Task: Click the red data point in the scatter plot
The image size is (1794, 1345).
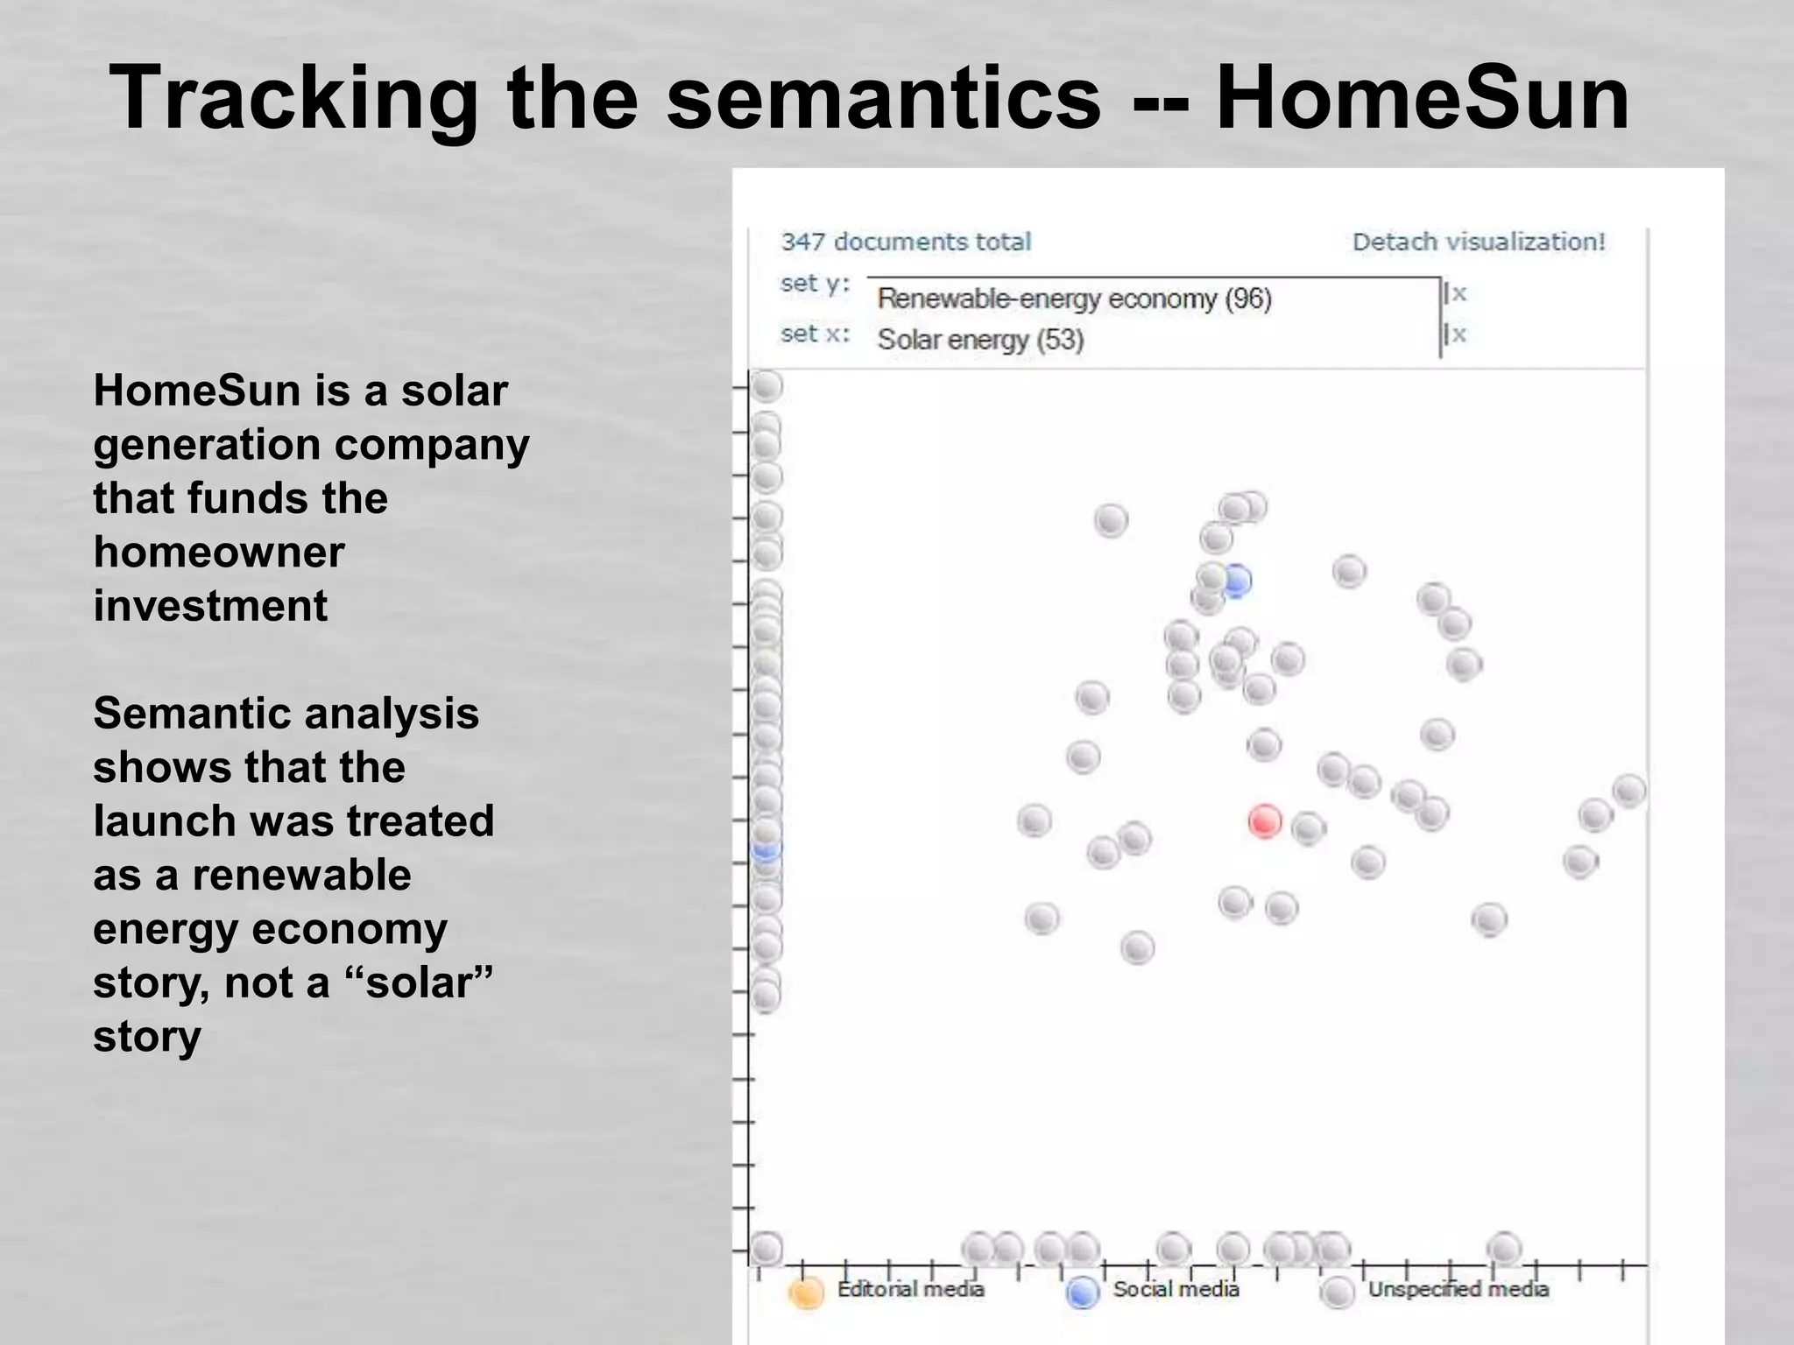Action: pos(1264,821)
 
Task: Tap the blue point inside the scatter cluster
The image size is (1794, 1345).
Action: pos(1236,581)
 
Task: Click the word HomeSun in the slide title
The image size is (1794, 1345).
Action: pos(1422,98)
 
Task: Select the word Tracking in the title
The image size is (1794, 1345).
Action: pos(293,98)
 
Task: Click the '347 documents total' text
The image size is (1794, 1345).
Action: pos(906,242)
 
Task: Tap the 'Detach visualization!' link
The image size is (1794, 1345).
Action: pos(1478,242)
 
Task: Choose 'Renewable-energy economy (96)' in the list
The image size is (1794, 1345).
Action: pos(1074,299)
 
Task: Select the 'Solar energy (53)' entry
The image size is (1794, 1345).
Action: pos(980,339)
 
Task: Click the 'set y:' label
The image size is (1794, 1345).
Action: pos(815,284)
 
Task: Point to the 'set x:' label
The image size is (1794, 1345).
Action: pos(815,334)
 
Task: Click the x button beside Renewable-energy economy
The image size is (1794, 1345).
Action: pos(1457,293)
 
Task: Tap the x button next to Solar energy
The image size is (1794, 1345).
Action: pos(1457,334)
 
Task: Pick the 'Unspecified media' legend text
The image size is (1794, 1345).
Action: pos(1458,1289)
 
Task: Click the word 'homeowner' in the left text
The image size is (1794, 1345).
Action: pos(219,553)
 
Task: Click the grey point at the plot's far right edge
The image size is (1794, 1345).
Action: pos(1628,791)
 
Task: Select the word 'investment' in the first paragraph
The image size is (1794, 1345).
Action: pos(210,606)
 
